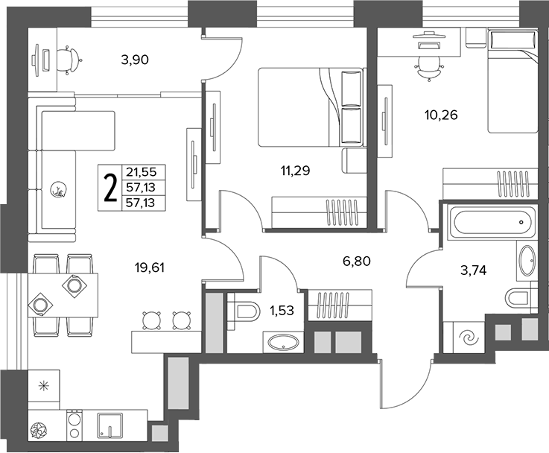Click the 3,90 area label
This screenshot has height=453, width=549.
(x=135, y=60)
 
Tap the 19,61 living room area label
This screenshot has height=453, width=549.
(x=150, y=268)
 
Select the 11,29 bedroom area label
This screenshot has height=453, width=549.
(x=295, y=171)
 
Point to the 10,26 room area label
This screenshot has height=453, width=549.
(x=441, y=115)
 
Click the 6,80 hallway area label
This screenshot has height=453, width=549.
(x=357, y=261)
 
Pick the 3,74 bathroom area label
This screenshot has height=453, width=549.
(x=473, y=270)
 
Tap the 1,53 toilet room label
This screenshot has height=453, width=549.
(x=282, y=310)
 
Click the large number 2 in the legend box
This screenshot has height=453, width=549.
(x=110, y=188)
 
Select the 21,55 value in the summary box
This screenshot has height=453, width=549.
(x=143, y=172)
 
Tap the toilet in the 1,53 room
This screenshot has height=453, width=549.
(x=243, y=311)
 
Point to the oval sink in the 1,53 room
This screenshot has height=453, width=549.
(x=283, y=342)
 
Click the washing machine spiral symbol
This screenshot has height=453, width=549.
(x=469, y=338)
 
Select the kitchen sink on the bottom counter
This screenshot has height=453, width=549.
(x=110, y=425)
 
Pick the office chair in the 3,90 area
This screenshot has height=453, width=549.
(x=69, y=60)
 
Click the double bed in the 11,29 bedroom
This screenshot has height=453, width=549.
(x=310, y=107)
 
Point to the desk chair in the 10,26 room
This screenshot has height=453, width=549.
(x=429, y=68)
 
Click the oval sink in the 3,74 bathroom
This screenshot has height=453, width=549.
(x=526, y=261)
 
